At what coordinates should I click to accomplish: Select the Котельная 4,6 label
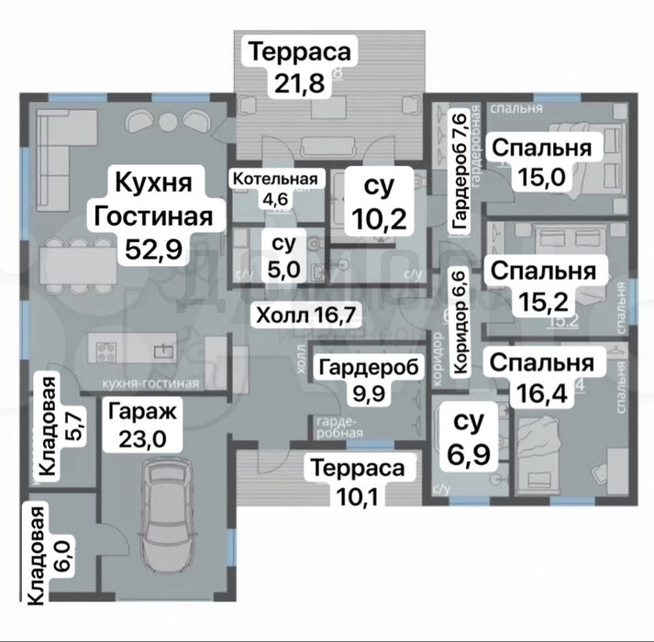click(x=274, y=186)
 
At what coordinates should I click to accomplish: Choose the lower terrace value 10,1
click(x=358, y=496)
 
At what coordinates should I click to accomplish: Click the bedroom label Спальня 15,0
click(x=539, y=162)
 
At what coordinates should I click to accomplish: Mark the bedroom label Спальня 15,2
click(x=542, y=286)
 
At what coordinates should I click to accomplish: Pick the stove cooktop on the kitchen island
click(x=102, y=349)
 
